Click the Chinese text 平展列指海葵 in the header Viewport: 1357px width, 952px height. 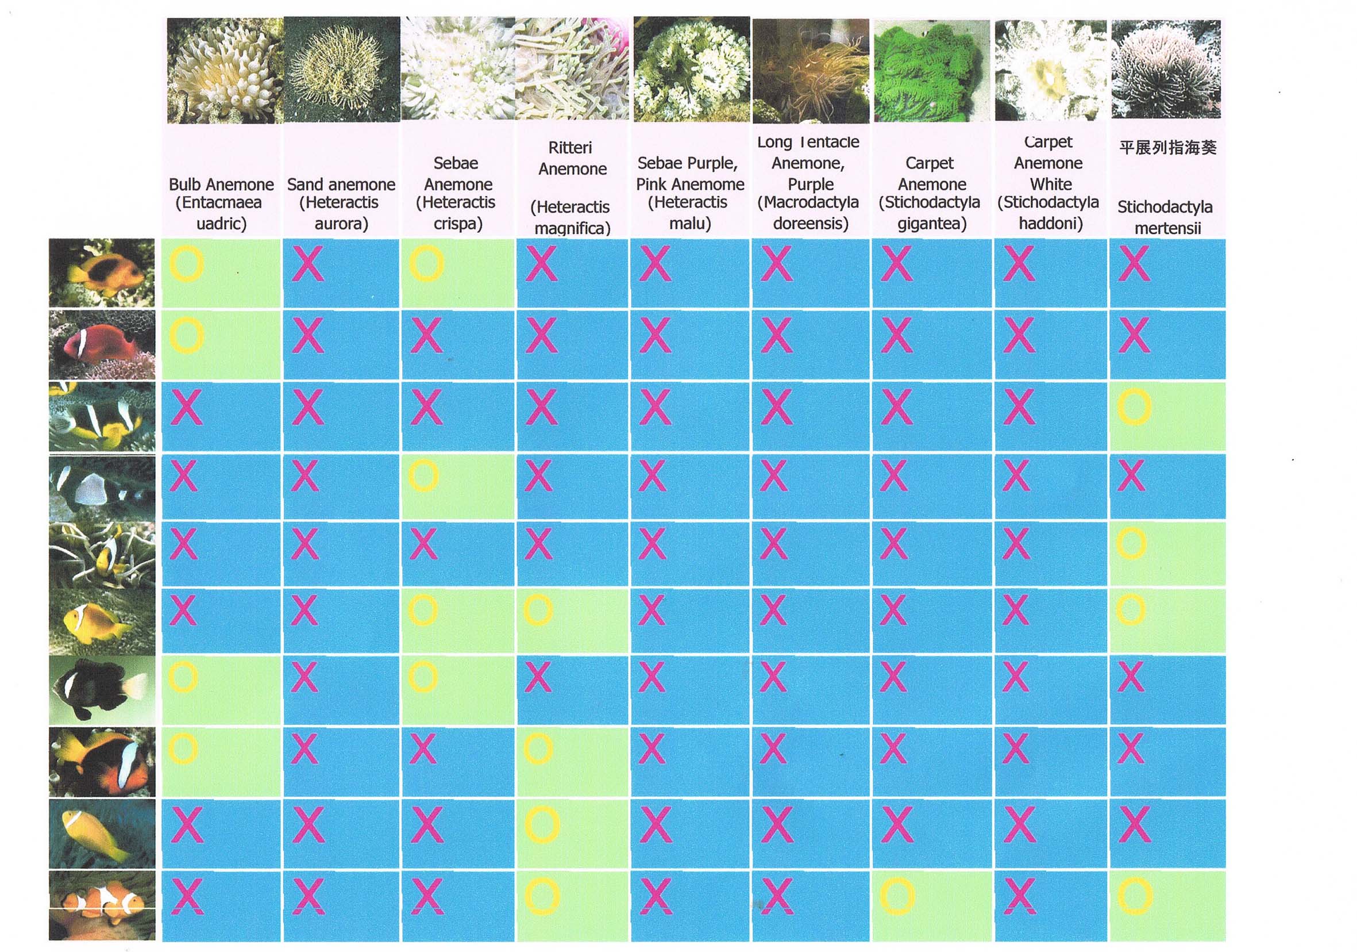click(x=1167, y=147)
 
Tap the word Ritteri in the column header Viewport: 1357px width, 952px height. click(x=570, y=147)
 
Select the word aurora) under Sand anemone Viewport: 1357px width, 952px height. click(x=341, y=224)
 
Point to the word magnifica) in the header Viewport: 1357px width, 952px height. click(x=572, y=228)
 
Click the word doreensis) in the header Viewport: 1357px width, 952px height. click(x=810, y=224)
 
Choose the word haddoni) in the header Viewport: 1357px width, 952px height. click(x=1050, y=224)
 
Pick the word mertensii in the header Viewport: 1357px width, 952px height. click(x=1167, y=228)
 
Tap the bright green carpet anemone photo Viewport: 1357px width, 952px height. click(x=931, y=71)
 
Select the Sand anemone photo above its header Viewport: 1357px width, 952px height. click(x=342, y=70)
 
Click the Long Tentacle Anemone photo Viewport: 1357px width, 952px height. click(x=810, y=71)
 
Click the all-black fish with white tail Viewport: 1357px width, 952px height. click(x=102, y=689)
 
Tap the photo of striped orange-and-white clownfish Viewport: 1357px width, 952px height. click(x=102, y=905)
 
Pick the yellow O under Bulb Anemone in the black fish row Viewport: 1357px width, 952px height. click(x=183, y=677)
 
